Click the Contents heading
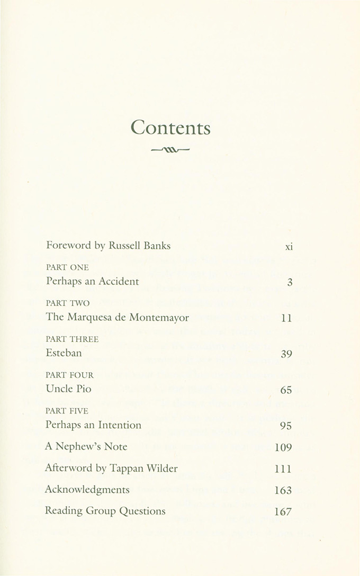tap(170, 128)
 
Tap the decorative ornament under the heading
tap(170, 150)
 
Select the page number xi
tap(289, 247)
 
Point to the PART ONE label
tap(67, 268)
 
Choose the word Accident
tap(119, 282)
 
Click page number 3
tap(290, 283)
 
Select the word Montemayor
tap(159, 318)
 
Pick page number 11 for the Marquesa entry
tap(287, 319)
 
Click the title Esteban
tap(64, 353)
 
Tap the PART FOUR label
tap(70, 375)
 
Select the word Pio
tap(83, 389)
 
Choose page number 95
tap(286, 426)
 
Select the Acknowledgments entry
tap(87, 490)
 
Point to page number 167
tap(283, 512)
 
